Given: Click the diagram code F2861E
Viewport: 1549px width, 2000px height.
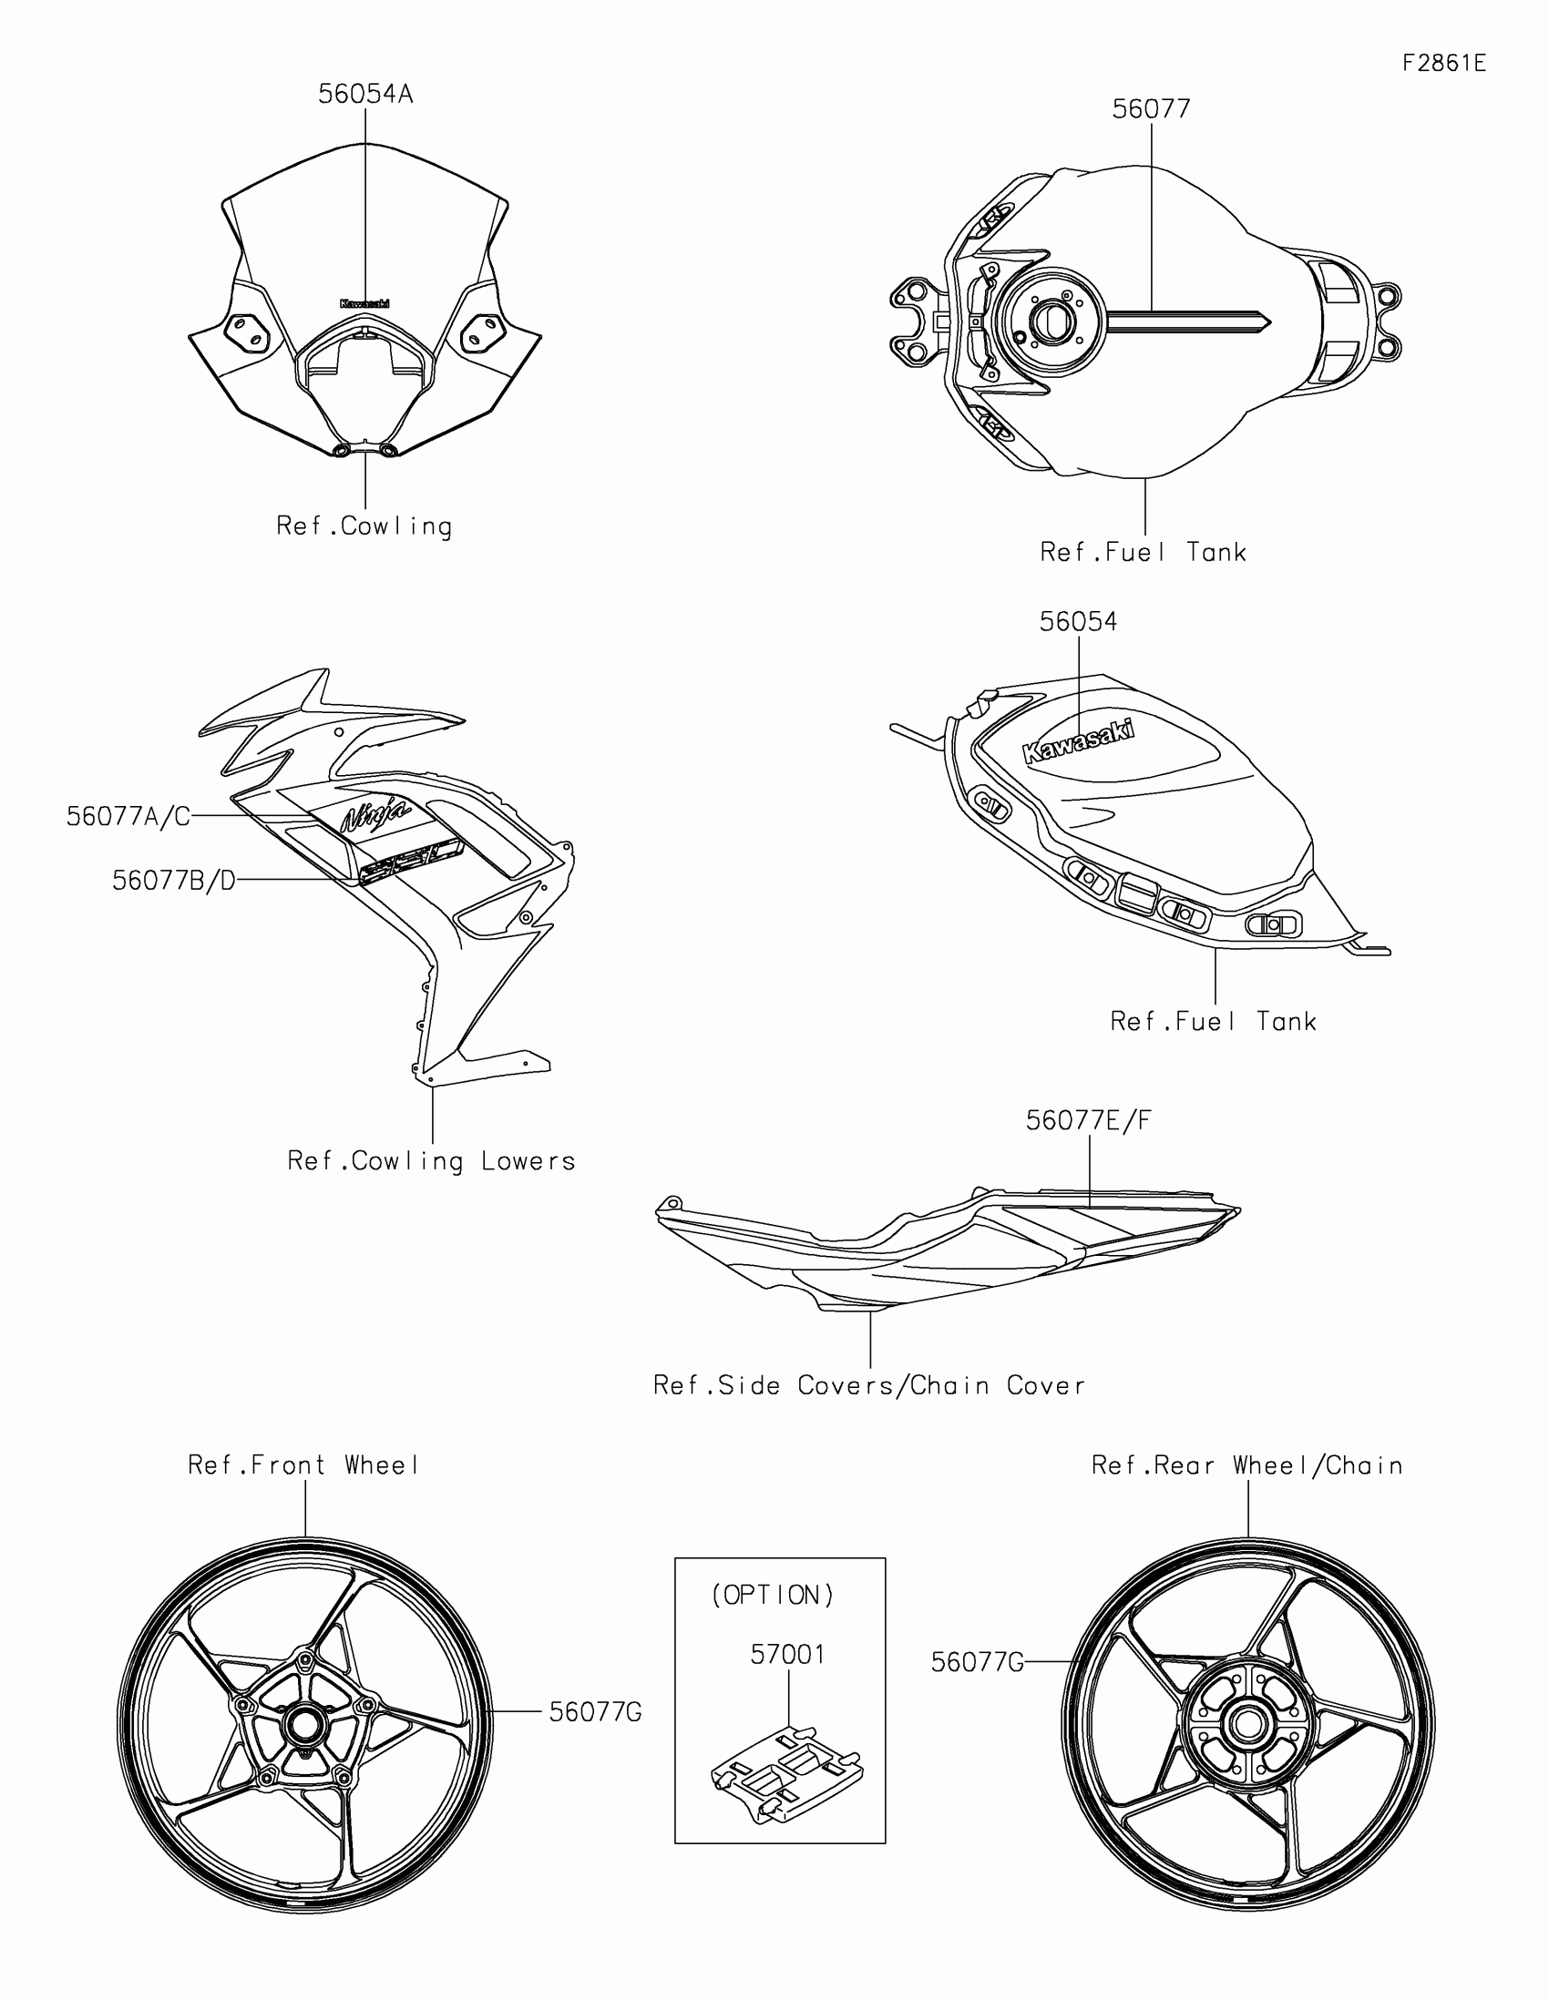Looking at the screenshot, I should pyautogui.click(x=1443, y=63).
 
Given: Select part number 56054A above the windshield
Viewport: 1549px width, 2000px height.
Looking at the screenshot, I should pyautogui.click(x=365, y=95).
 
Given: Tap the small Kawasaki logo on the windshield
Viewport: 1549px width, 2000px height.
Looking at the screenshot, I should pyautogui.click(x=364, y=303).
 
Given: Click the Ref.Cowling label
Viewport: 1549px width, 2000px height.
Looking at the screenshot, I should pyautogui.click(x=364, y=526).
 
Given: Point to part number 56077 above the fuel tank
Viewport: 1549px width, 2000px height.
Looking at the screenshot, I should pyautogui.click(x=1151, y=109).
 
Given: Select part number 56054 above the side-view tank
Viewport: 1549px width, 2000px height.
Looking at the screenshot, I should pyautogui.click(x=1078, y=622).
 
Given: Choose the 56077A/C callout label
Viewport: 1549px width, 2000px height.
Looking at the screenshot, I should pyautogui.click(x=128, y=816).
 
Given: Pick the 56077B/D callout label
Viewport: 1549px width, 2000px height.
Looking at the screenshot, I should pyautogui.click(x=174, y=880).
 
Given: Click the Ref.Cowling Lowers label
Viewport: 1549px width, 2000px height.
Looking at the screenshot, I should pyautogui.click(x=432, y=1161).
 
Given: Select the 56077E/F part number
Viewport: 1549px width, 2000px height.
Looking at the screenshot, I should pyautogui.click(x=1088, y=1120).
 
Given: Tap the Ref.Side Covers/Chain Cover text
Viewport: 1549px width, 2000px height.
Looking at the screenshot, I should pyautogui.click(x=868, y=1385).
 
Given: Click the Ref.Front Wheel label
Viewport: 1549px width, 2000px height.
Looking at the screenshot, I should pyautogui.click(x=303, y=1465).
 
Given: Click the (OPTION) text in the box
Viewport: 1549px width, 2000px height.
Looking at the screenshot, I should pyautogui.click(x=773, y=1596).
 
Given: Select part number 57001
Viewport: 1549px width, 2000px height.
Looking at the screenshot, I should pyautogui.click(x=788, y=1655).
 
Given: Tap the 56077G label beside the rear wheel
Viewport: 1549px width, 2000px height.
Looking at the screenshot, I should pyautogui.click(x=977, y=1662).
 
